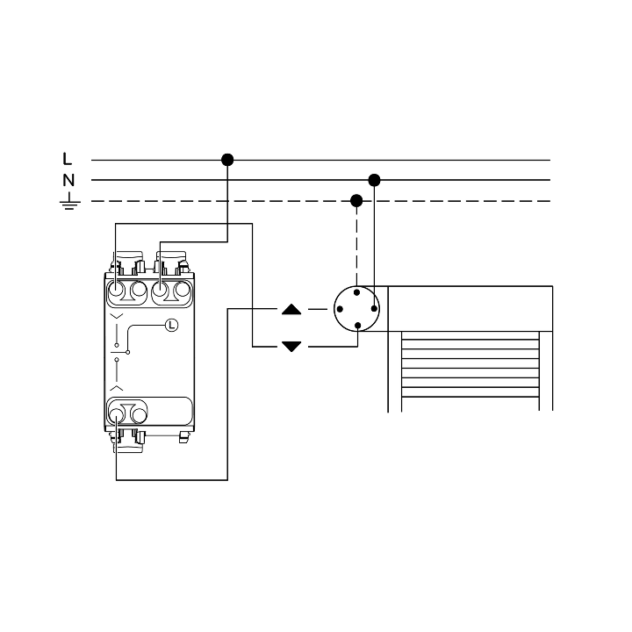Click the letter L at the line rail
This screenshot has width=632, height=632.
coord(67,159)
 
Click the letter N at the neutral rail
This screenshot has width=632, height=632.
coord(68,180)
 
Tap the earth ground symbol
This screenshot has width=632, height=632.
coord(69,201)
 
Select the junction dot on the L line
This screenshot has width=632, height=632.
coord(227,160)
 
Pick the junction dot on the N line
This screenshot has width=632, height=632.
coord(374,180)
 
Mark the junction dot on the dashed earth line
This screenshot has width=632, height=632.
coord(356,201)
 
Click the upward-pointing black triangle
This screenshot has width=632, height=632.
coord(291,310)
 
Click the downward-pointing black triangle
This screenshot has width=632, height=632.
coord(291,346)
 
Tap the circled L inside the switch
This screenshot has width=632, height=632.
coord(172,325)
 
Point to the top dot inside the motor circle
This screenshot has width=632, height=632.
coord(356,292)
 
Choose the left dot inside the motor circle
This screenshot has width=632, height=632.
coord(340,309)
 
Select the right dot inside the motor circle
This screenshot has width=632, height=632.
coord(374,309)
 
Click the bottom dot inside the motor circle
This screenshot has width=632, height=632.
coord(357,326)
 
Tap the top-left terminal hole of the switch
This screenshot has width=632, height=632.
coord(116,289)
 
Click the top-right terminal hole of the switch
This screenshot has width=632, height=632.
coord(183,289)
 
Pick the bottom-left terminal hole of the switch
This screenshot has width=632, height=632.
coord(116,415)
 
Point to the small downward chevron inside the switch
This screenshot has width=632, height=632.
coord(117,316)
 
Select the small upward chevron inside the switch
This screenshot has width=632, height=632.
coord(117,388)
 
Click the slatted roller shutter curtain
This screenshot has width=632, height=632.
coord(470,364)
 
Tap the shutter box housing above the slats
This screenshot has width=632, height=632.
coord(470,309)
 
